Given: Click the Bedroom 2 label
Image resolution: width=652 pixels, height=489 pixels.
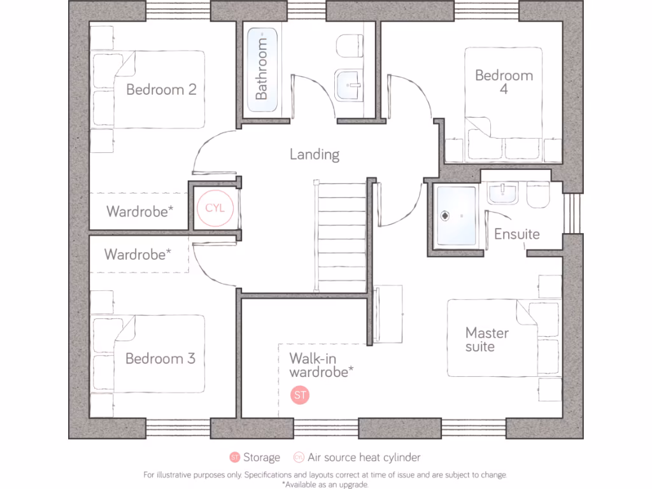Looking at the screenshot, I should point(161,89).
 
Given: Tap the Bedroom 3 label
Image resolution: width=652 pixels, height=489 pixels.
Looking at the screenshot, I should point(160,358).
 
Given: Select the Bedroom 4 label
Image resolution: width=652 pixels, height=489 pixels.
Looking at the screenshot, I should point(504,82).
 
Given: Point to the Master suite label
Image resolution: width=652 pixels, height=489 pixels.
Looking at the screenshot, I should point(487,339).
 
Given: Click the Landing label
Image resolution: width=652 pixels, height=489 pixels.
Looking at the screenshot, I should point(315,154).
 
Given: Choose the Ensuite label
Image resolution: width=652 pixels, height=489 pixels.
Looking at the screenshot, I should point(517,234).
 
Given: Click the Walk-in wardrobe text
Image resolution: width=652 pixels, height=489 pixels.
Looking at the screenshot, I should point(322,365).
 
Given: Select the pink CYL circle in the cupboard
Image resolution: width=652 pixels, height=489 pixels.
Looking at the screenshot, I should point(215,208).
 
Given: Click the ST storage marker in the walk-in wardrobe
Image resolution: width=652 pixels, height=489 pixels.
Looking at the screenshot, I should point(300,395).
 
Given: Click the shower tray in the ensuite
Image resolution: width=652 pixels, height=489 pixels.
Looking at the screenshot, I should point(456,216).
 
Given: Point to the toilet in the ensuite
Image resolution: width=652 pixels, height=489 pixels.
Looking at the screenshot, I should point(539,195).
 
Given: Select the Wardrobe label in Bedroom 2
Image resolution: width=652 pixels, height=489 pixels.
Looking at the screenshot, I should point(140,211).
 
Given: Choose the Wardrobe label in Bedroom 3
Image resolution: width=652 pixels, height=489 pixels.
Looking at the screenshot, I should point(138,255).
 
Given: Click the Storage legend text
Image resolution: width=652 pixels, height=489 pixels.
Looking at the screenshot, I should point(261,457).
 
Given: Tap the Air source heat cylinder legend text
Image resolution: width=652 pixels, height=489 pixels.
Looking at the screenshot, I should point(364,457).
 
